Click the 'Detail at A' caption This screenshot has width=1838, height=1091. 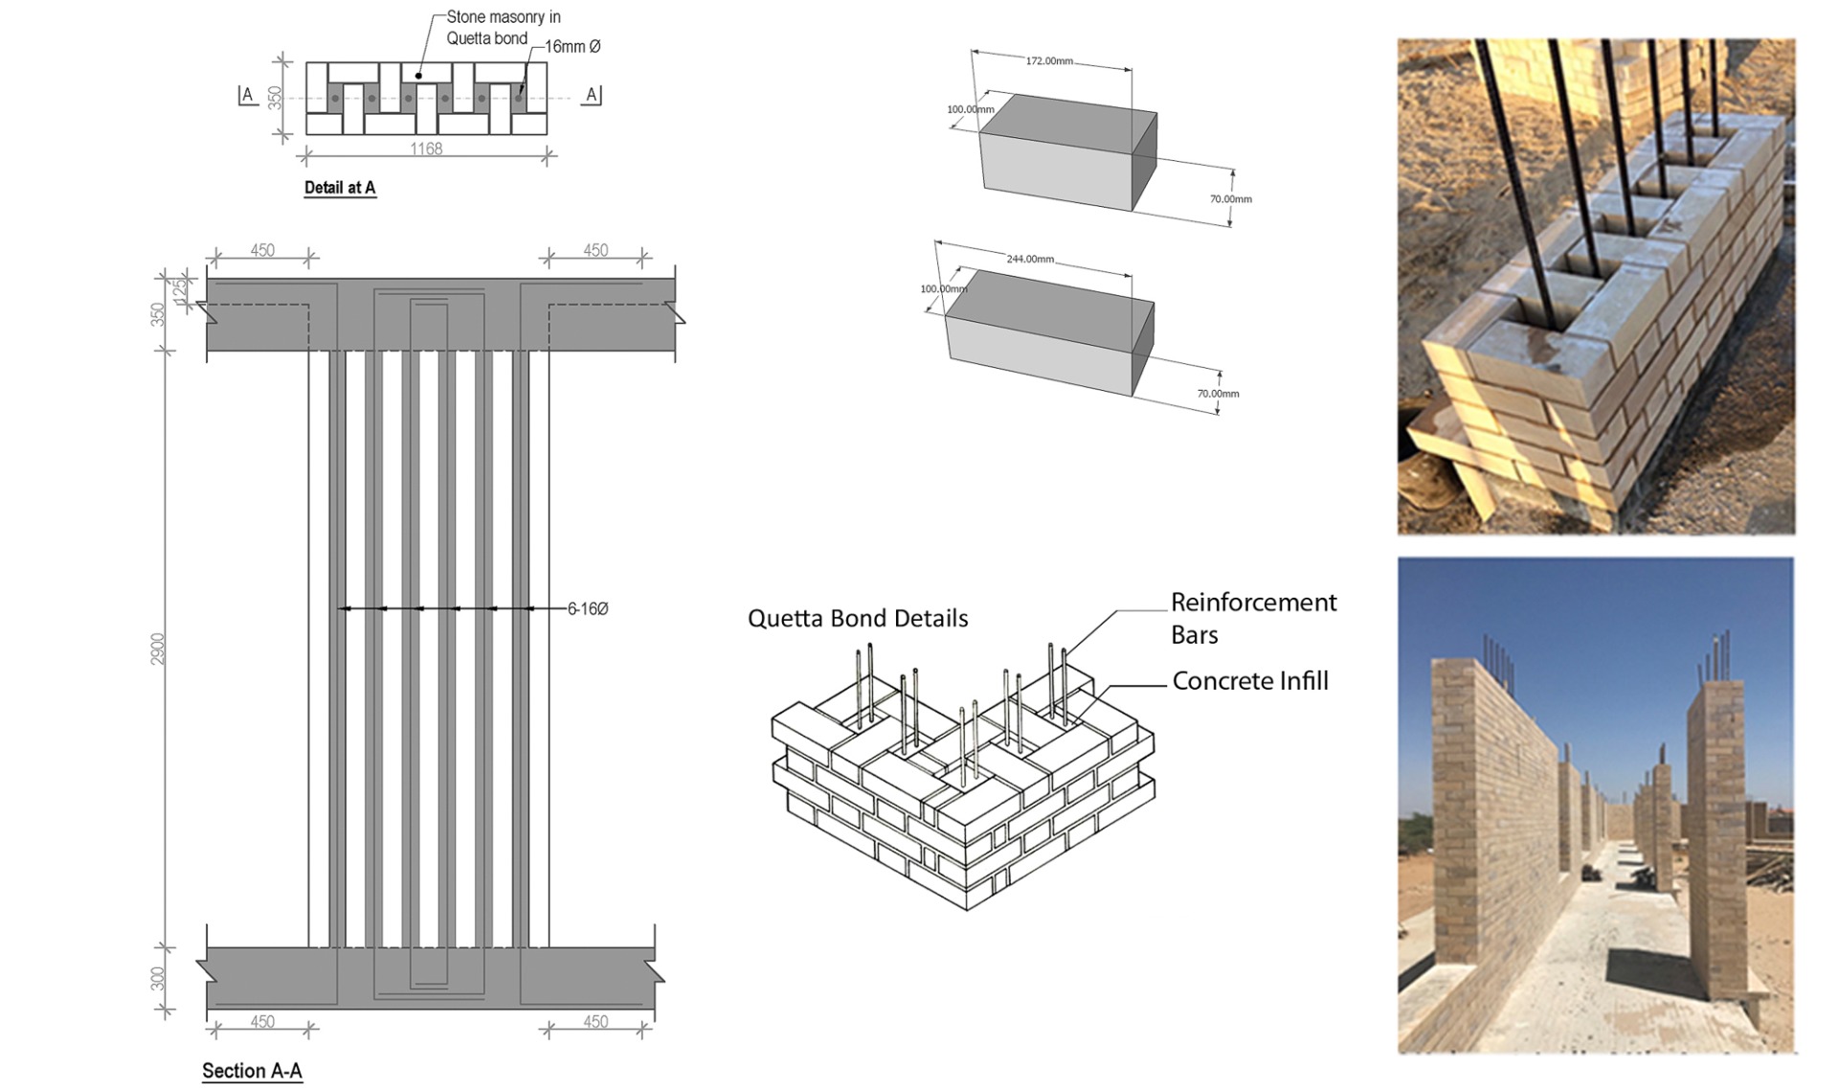(x=340, y=188)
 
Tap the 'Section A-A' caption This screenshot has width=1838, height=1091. (x=252, y=1071)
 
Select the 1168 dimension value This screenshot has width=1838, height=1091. (x=426, y=148)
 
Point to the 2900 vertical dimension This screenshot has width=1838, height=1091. (x=158, y=648)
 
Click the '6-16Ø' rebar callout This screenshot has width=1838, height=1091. (x=588, y=608)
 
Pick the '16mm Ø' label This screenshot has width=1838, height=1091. (x=572, y=46)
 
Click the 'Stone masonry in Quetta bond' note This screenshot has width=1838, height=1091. (x=503, y=28)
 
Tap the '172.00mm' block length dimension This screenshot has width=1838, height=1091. (x=1049, y=61)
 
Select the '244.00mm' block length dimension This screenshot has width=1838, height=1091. (x=1030, y=259)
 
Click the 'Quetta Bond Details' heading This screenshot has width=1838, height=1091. (x=858, y=619)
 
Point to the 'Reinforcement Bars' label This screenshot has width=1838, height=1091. (x=1253, y=618)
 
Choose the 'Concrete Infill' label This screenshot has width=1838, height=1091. (x=1250, y=681)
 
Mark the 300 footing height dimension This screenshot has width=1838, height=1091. (x=158, y=978)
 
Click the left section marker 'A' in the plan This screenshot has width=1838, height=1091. (x=247, y=95)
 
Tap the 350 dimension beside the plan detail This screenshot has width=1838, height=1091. (x=276, y=98)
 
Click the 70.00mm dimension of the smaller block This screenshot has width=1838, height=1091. (x=1230, y=199)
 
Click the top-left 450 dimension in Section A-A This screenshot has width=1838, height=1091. (x=262, y=250)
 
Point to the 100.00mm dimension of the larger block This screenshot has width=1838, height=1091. (x=944, y=288)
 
